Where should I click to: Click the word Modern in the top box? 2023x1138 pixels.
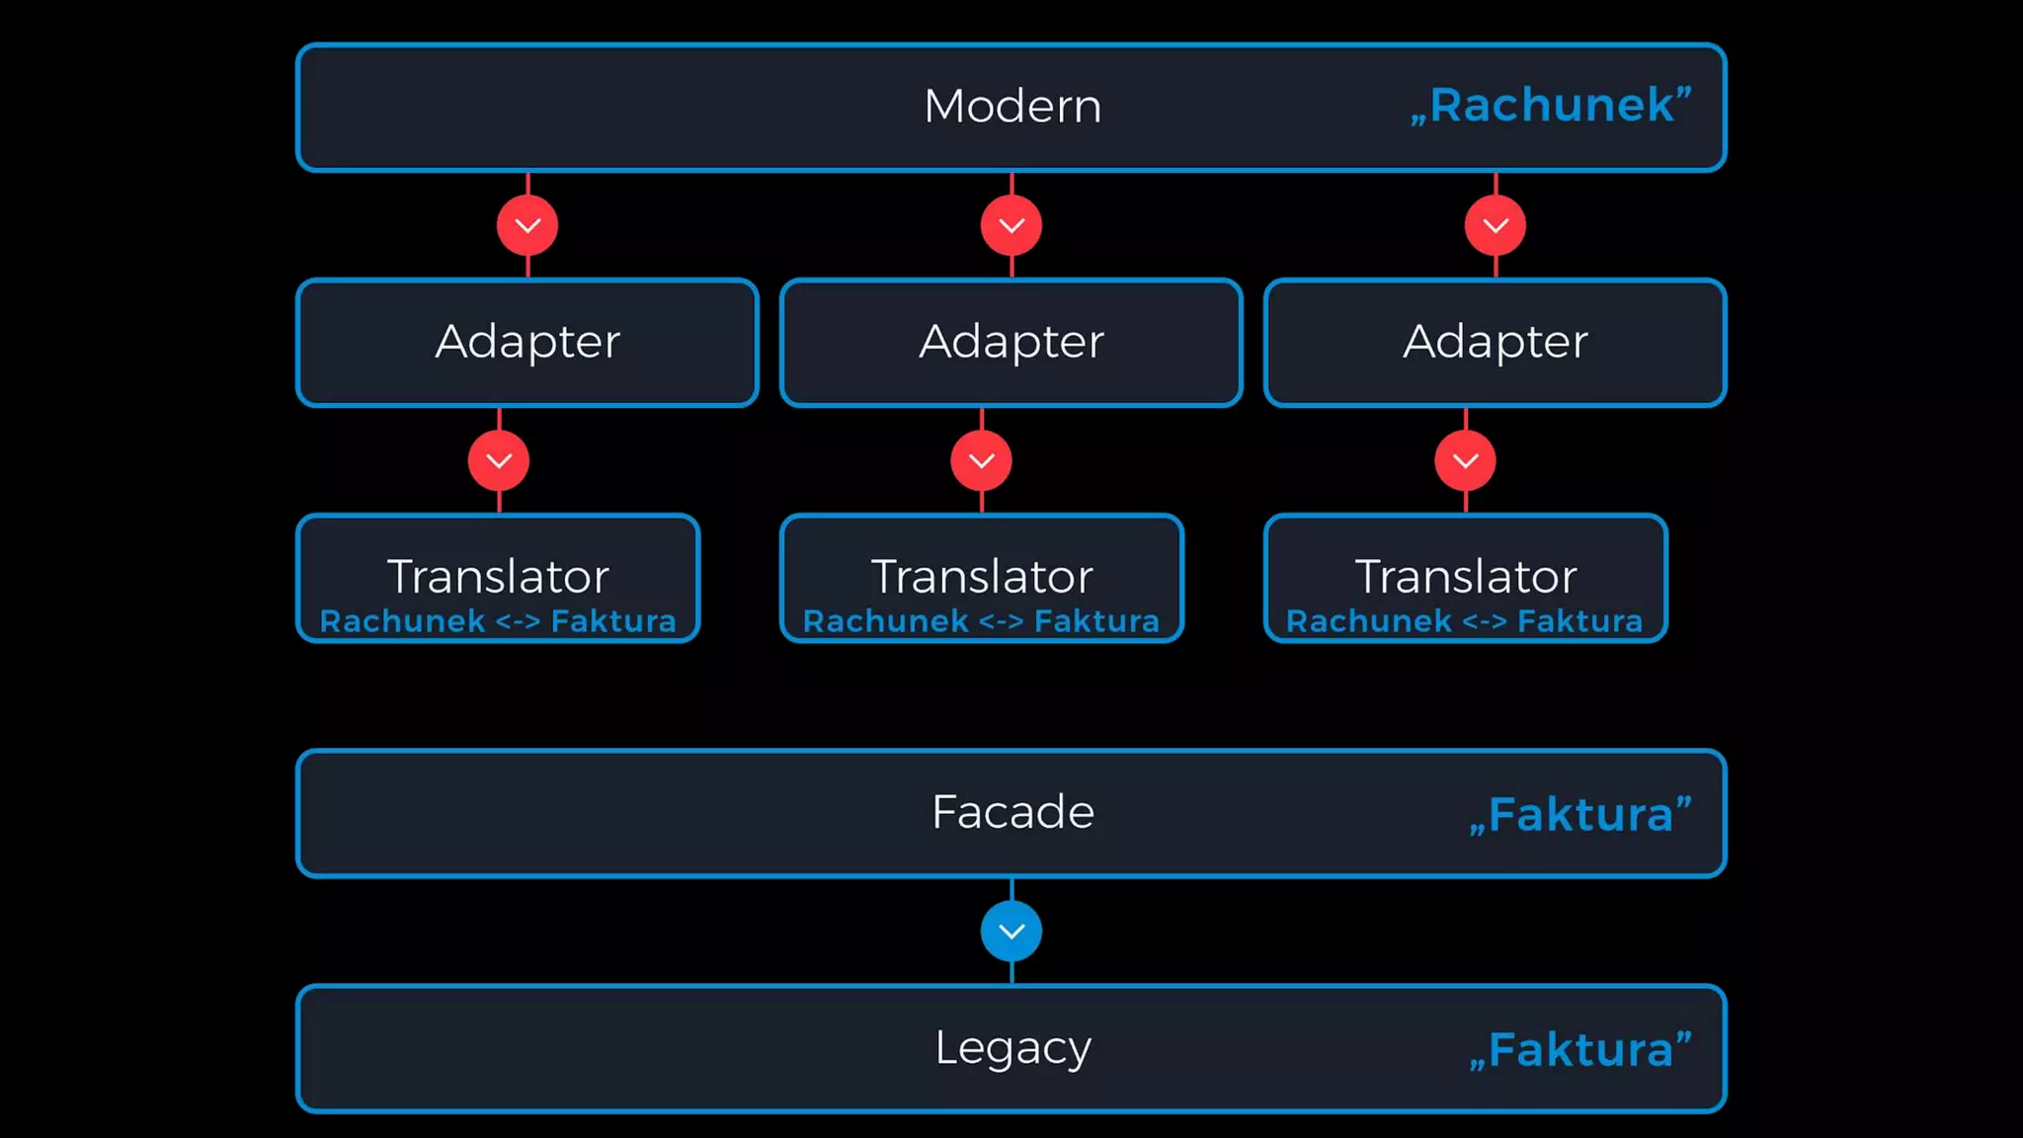pos(1012,106)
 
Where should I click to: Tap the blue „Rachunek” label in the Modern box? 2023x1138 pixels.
pos(1551,106)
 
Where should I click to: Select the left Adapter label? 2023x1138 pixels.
pos(527,342)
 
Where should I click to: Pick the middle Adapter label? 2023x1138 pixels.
pos(1011,342)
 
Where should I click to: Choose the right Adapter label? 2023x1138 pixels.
pos(1496,342)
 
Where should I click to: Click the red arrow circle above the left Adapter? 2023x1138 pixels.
pos(527,226)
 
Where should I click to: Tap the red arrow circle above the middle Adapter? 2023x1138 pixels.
pos(1011,226)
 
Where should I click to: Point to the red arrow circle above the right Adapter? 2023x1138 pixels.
pos(1496,226)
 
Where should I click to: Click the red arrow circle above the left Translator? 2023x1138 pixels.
pos(499,461)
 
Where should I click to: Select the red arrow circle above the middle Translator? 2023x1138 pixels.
pos(982,461)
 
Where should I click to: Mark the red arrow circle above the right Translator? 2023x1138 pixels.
pos(1466,461)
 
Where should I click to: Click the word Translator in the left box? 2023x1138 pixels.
pos(498,576)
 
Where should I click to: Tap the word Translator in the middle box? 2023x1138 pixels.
pos(982,576)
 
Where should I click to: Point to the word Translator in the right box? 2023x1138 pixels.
pos(1466,576)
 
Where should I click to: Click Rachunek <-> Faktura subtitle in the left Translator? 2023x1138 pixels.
pos(498,621)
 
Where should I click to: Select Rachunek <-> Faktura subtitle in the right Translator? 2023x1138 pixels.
pos(1465,621)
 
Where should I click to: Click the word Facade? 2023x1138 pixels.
pos(1012,812)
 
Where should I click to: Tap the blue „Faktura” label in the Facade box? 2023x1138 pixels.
pos(1580,815)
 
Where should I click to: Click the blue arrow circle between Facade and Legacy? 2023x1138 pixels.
pos(1011,932)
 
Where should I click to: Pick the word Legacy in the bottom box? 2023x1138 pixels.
pos(1012,1048)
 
